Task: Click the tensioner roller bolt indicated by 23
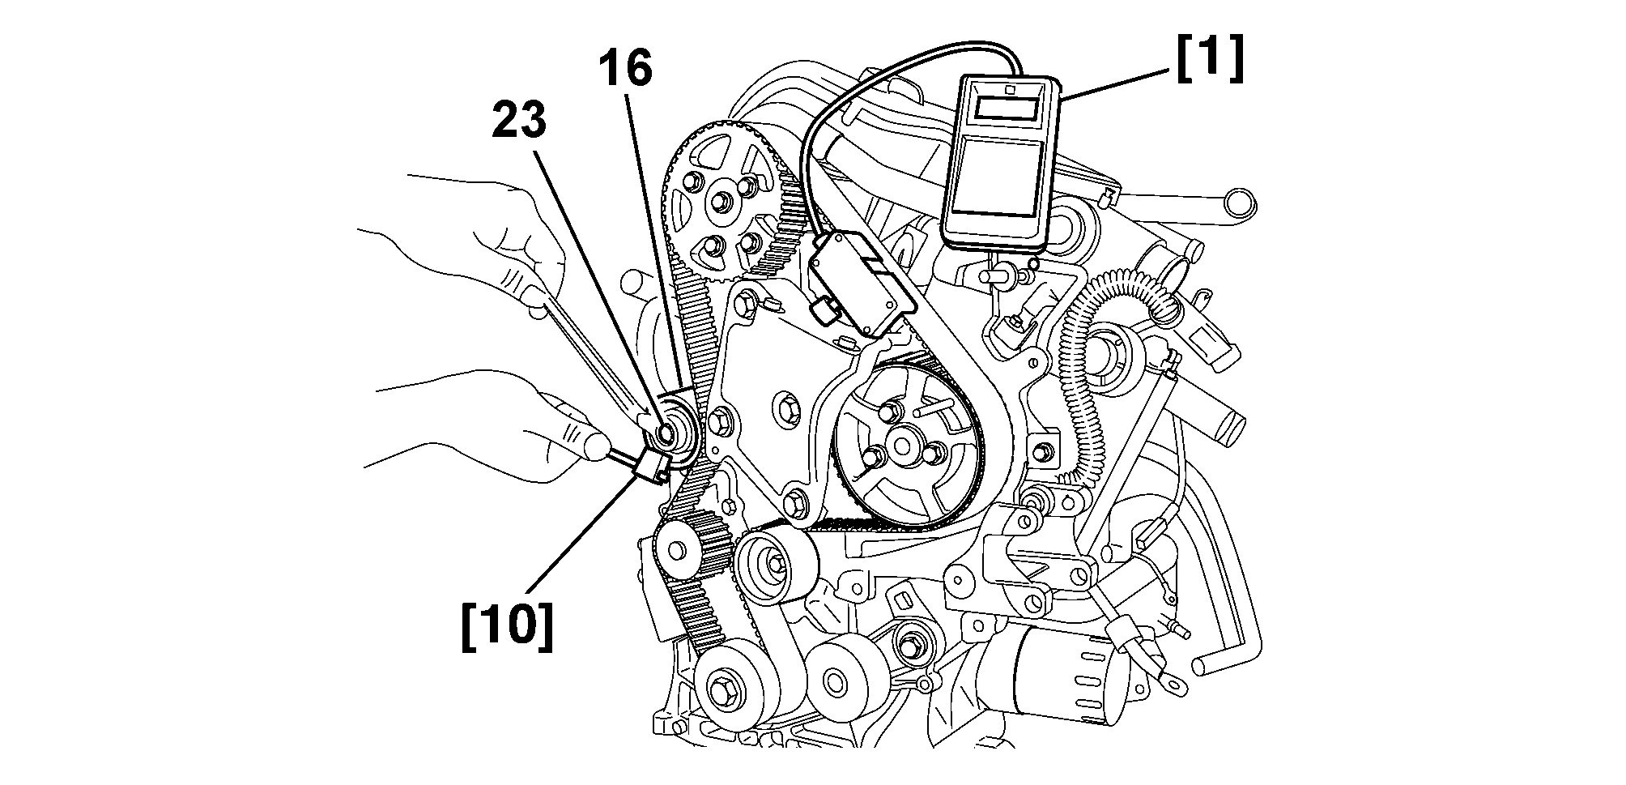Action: [666, 434]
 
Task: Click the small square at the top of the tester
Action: [1008, 91]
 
